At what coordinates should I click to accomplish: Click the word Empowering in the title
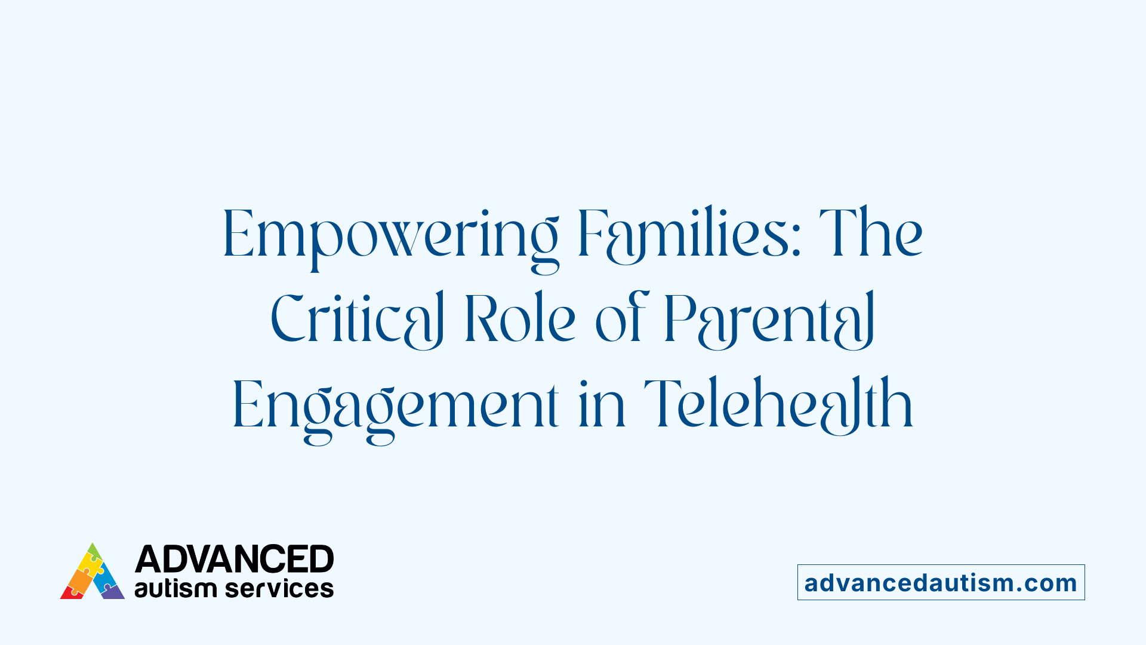390,236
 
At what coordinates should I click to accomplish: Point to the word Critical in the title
357,320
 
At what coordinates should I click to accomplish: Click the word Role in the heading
520,320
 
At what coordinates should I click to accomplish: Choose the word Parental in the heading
769,320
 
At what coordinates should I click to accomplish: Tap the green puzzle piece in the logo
93,551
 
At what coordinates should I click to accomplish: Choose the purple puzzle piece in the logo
113,592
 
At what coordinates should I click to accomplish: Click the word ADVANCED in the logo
234,559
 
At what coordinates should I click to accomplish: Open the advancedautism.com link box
941,582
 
